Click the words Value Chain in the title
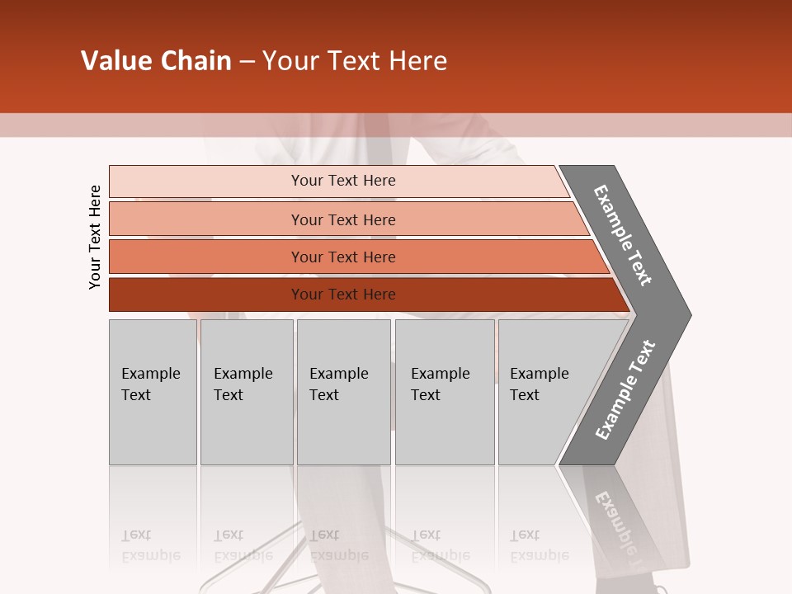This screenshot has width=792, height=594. (156, 61)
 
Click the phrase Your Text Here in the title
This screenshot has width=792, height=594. (355, 61)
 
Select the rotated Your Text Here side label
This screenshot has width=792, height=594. (95, 237)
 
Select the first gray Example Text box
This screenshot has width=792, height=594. (153, 392)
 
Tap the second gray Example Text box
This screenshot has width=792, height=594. (247, 392)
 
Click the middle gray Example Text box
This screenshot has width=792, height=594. (343, 392)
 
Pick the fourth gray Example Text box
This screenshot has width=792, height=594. (445, 392)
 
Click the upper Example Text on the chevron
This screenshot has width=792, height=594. (623, 235)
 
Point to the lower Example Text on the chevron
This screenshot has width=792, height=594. (625, 389)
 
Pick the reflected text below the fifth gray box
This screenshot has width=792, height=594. (540, 545)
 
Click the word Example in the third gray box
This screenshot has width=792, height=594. (338, 374)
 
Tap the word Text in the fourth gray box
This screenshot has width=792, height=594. (426, 395)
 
